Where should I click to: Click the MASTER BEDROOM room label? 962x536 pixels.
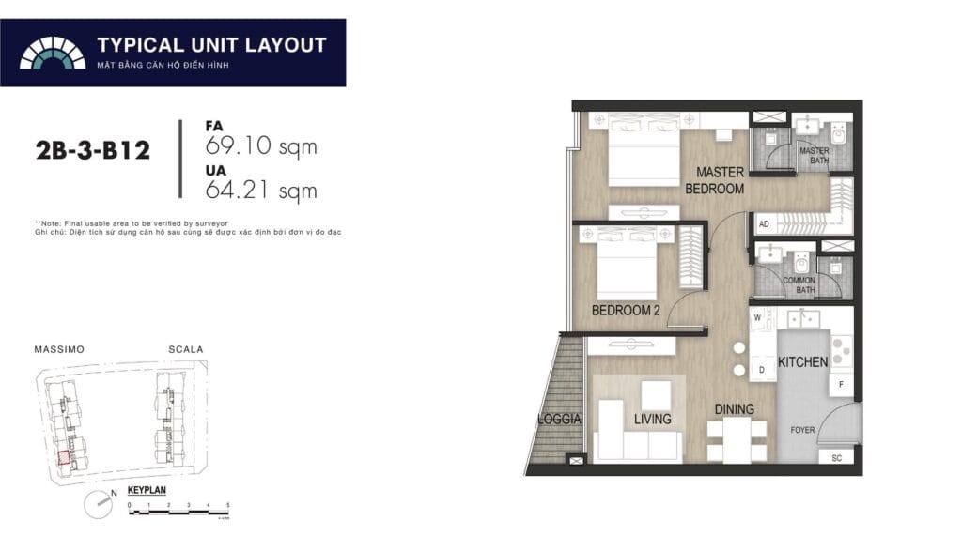click(x=720, y=180)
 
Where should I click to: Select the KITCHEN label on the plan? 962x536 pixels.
click(x=803, y=361)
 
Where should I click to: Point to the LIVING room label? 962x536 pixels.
click(x=652, y=419)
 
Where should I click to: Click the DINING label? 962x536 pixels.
click(x=734, y=409)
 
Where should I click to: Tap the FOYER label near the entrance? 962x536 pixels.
click(x=802, y=431)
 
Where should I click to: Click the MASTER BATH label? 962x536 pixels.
click(x=814, y=157)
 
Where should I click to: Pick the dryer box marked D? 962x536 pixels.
click(x=761, y=372)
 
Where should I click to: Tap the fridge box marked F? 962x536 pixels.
click(x=841, y=385)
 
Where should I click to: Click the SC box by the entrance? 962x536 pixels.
click(x=836, y=458)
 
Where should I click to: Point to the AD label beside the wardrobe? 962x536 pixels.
click(x=764, y=224)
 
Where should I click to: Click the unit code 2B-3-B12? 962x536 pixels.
click(x=92, y=150)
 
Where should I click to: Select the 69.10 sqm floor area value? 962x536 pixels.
click(x=260, y=146)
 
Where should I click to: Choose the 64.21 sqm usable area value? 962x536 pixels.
click(x=260, y=191)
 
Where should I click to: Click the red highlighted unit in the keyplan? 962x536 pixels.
click(x=64, y=458)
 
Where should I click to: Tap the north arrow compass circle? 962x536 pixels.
click(x=97, y=505)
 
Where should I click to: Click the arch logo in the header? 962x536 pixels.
click(x=53, y=53)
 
